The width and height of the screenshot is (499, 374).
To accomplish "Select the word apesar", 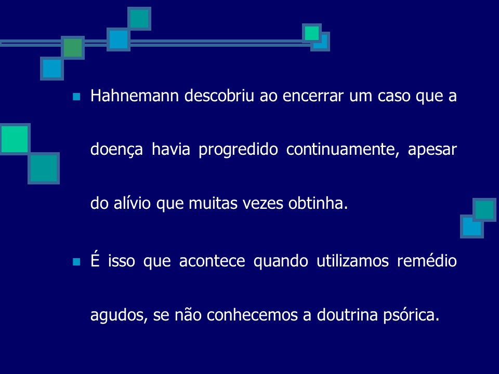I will [x=432, y=151].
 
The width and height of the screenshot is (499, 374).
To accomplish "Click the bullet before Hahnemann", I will [x=77, y=97].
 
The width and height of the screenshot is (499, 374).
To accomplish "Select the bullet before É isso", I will [x=77, y=261].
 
